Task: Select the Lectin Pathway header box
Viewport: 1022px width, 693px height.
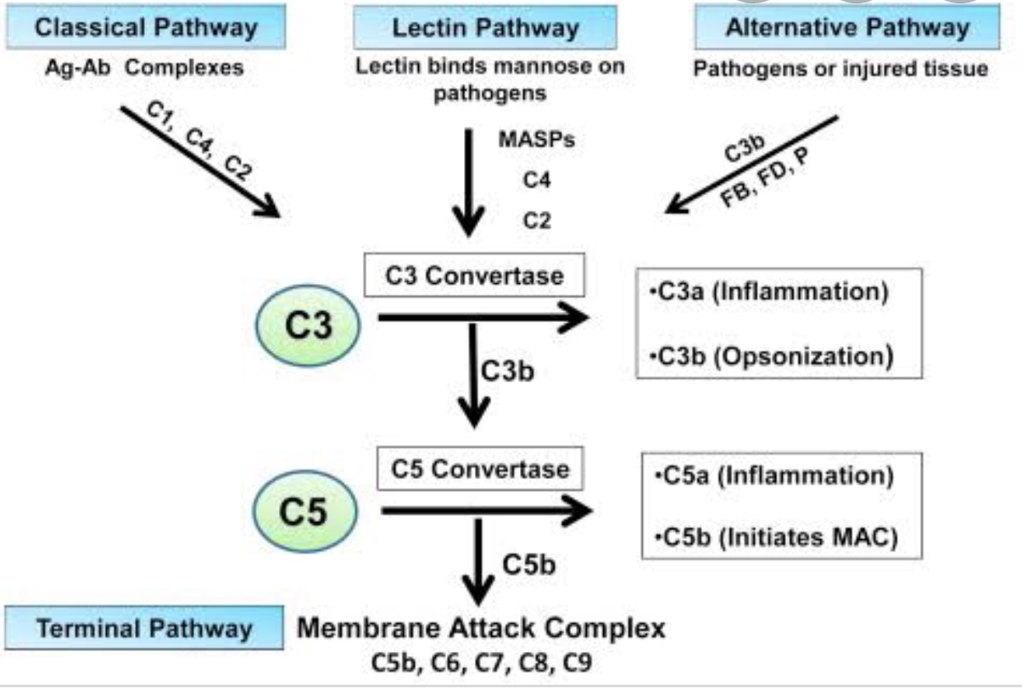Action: (485, 28)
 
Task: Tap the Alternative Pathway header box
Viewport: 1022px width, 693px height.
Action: (847, 28)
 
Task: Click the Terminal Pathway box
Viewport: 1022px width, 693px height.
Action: (145, 629)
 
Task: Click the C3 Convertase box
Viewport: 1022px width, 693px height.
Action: (475, 275)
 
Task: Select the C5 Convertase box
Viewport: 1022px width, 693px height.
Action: (480, 470)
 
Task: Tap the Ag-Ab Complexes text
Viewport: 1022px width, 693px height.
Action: (145, 67)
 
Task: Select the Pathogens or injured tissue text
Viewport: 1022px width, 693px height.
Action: (840, 68)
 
